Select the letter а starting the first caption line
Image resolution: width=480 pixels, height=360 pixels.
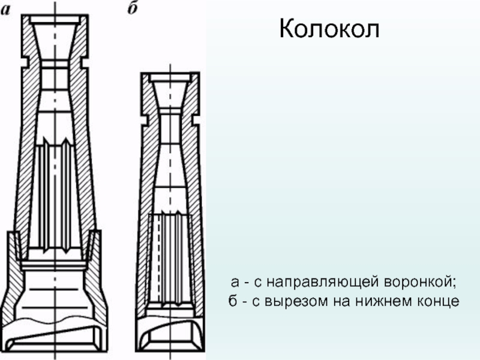238,281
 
